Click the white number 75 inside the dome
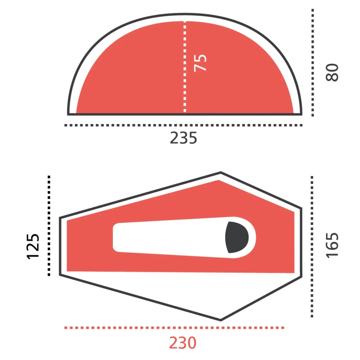coord(200,63)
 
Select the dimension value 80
coord(332,72)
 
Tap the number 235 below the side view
coord(183,138)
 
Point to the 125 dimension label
coord(33,246)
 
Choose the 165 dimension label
coord(332,245)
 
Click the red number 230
coord(183,343)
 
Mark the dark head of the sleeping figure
coord(237,237)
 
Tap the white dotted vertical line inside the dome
coord(185,66)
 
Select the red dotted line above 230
coord(174,328)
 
